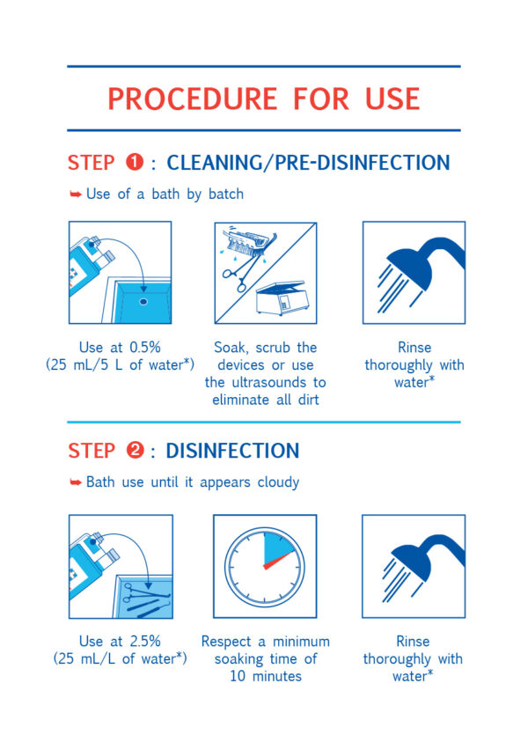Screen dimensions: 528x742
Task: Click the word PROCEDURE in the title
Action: tap(192, 99)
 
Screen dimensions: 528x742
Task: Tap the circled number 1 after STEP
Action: tap(135, 162)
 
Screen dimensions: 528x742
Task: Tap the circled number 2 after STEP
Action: tap(135, 450)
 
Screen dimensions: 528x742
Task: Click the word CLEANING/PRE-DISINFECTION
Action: tap(308, 163)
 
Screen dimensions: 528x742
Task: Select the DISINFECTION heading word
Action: tap(232, 451)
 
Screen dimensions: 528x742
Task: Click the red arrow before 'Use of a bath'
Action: tap(76, 194)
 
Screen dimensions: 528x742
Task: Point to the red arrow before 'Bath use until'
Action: tap(76, 482)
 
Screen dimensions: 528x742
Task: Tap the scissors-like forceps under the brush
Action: tap(242, 272)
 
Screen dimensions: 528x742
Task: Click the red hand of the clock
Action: tap(279, 560)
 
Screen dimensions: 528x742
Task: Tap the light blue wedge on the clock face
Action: tap(277, 549)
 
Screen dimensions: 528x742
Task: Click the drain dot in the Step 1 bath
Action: tap(143, 301)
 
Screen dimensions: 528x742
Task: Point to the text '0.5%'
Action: tap(145, 348)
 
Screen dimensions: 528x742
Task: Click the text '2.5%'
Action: tap(145, 641)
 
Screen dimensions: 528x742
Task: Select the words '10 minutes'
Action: tap(266, 676)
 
